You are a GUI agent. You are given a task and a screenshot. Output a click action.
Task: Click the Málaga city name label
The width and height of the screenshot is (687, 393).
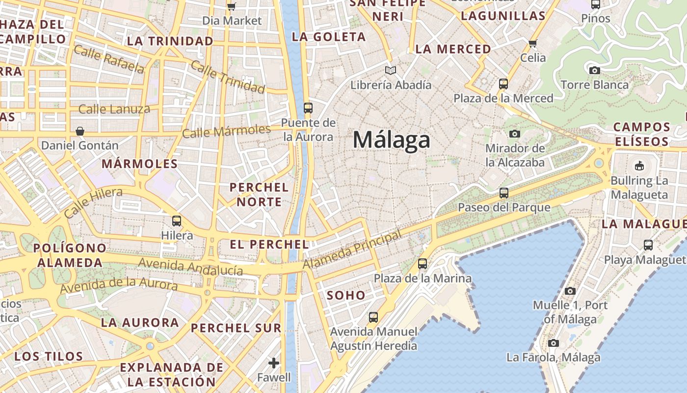(392, 140)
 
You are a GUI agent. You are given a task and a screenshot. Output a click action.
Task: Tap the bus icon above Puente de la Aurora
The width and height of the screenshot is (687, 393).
(308, 108)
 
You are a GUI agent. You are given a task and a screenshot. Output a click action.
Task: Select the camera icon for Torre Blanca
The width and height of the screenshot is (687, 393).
(595, 70)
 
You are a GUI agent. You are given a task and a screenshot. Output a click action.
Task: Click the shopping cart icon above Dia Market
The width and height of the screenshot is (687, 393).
(232, 6)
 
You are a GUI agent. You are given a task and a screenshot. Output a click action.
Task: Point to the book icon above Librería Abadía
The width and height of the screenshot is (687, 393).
(391, 71)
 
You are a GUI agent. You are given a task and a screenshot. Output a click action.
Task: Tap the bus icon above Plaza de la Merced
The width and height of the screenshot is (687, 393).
(503, 84)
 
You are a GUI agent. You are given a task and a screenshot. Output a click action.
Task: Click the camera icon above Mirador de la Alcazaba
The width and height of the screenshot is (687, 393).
(515, 134)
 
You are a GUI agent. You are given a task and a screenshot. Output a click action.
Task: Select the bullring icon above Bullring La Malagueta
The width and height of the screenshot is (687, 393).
(639, 166)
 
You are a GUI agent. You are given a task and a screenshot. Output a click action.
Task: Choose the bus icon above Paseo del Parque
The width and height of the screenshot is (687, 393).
(504, 193)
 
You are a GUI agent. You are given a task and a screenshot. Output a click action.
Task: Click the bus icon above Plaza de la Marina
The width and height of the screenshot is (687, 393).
(423, 264)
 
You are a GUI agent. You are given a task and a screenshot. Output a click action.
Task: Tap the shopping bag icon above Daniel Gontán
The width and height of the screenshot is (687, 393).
(80, 131)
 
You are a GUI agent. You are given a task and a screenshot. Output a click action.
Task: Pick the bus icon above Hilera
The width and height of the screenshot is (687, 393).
(177, 221)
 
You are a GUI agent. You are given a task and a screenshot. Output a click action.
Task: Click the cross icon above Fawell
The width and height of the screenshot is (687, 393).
(274, 363)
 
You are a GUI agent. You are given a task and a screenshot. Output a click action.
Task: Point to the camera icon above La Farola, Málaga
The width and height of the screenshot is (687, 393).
(554, 343)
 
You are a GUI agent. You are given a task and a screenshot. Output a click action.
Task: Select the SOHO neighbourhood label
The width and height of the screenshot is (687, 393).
(346, 295)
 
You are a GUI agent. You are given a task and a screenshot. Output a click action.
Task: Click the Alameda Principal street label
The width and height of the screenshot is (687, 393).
(352, 251)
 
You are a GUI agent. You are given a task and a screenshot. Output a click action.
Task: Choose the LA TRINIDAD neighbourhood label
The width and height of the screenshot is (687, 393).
(170, 41)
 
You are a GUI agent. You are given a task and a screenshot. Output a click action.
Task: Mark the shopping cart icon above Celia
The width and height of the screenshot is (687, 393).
(533, 43)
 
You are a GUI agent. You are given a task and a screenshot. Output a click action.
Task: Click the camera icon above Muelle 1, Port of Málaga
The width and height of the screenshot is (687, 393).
(570, 291)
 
